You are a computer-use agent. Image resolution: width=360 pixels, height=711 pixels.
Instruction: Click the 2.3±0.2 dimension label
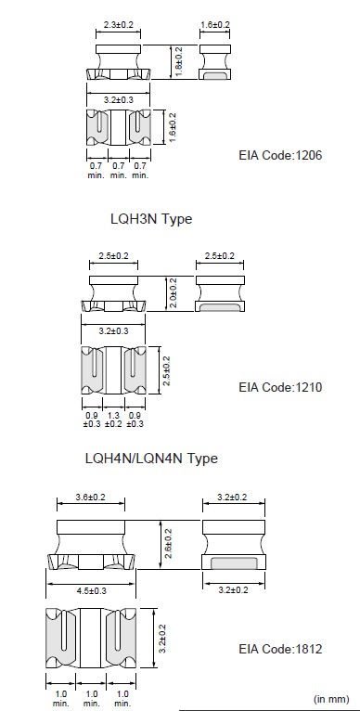click(119, 25)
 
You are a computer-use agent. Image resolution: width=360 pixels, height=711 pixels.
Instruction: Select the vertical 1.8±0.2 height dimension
click(179, 61)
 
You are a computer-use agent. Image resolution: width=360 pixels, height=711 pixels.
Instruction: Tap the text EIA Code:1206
click(280, 155)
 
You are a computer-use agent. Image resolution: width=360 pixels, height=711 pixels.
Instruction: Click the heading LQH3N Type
click(151, 219)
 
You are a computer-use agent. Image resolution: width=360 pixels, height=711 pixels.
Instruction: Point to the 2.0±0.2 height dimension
click(174, 293)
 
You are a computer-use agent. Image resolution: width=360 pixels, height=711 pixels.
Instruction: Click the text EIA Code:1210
click(280, 387)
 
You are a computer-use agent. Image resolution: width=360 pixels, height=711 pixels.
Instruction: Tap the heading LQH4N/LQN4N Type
click(151, 458)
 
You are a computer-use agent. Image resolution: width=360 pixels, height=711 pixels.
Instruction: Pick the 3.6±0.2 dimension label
click(90, 497)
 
